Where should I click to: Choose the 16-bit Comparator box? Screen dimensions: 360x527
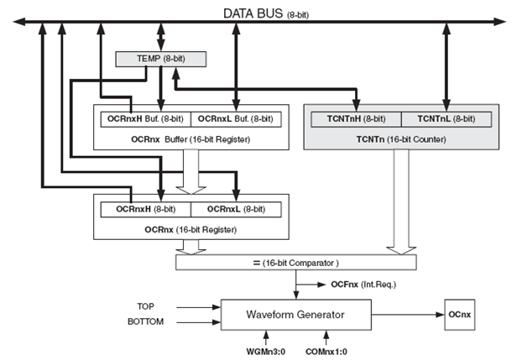click(x=297, y=263)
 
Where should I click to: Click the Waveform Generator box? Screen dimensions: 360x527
click(x=297, y=315)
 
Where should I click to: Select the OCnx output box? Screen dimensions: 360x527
click(x=460, y=315)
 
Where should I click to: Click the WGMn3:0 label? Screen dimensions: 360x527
click(x=267, y=351)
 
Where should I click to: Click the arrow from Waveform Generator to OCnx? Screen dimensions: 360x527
click(x=404, y=315)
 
